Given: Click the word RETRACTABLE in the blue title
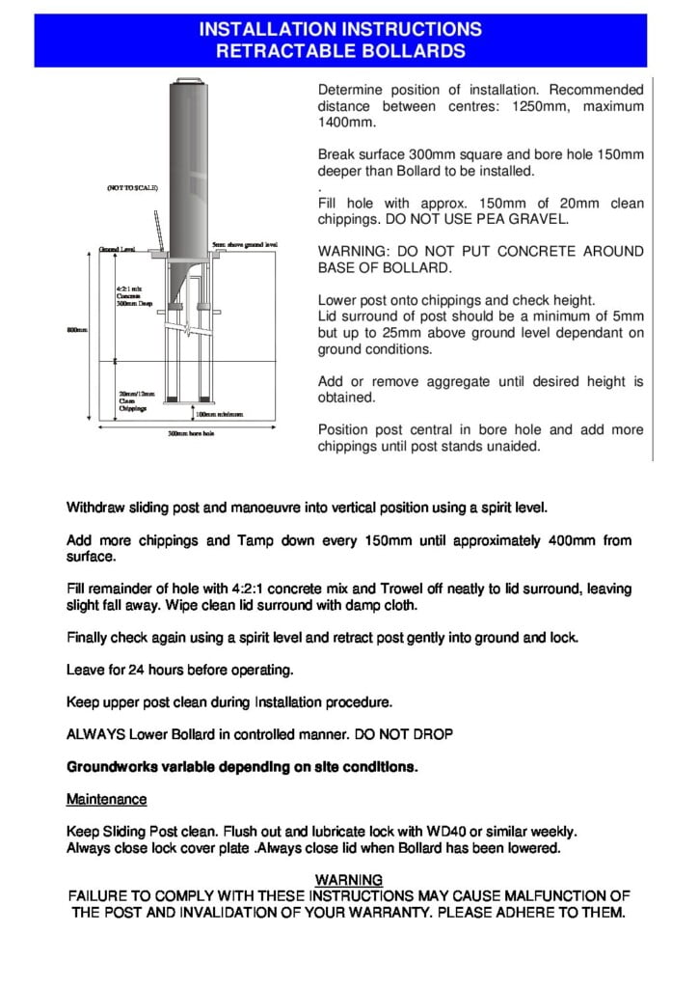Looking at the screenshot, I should coord(300,51).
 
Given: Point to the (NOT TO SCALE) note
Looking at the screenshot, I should coord(132,187).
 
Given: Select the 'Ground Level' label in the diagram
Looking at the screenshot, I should coord(116,250).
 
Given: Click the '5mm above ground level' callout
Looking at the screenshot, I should coord(244,245).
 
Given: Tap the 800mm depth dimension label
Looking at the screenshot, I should coord(76,330).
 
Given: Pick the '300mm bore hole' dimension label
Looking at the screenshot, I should coord(191,434).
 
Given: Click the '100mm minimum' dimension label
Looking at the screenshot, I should coord(221,413).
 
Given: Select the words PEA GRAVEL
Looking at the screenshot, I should coord(528,219).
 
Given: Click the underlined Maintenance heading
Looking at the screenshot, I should coord(106,800).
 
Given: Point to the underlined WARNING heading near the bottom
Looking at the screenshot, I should coord(349,880).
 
